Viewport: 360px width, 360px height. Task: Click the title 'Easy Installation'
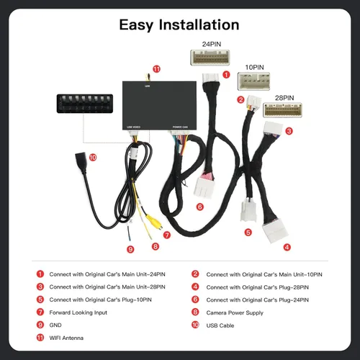click(179, 24)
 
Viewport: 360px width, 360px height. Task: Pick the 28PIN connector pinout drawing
click(284, 110)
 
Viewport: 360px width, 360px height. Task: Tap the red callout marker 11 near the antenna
click(157, 69)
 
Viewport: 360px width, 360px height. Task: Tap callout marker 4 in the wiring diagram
click(287, 247)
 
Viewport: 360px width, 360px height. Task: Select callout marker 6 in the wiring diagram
click(199, 207)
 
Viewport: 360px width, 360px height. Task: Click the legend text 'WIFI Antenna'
click(66, 338)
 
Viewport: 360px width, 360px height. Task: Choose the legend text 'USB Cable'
click(220, 325)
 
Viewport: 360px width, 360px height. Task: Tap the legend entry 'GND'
click(55, 325)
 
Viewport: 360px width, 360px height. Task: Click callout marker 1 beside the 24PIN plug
click(227, 74)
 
